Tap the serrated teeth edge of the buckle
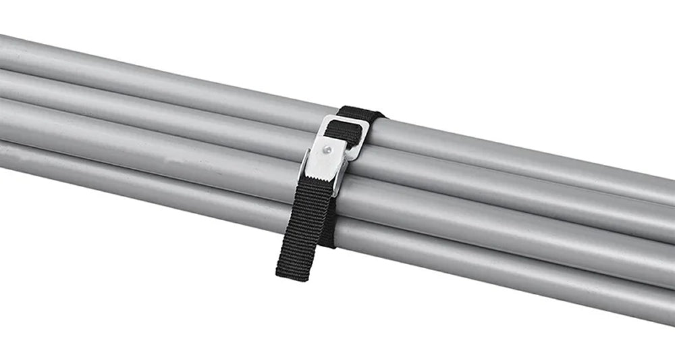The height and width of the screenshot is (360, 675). pos(322,177)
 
